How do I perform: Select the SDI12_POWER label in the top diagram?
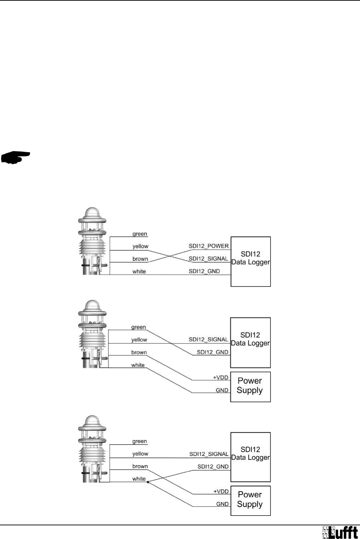[208, 246]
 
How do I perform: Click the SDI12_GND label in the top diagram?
[204, 271]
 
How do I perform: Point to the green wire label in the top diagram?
[140, 234]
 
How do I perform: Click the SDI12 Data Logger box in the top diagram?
[251, 262]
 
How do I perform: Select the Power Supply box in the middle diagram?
[250, 386]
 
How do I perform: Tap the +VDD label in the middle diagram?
[221, 378]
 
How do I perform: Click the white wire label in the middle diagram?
[138, 365]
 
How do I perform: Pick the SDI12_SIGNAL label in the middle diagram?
[208, 339]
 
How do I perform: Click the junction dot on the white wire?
[148, 482]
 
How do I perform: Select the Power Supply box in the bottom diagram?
[250, 500]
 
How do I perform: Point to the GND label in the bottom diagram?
[222, 504]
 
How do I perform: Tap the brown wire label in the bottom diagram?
[140, 466]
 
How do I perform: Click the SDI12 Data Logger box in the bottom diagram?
[251, 457]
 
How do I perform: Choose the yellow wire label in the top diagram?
[140, 247]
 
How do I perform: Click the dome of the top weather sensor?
[92, 213]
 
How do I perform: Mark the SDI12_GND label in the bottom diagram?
[213, 467]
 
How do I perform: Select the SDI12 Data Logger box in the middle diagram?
[251, 342]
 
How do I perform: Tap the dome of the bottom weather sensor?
[92, 421]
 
